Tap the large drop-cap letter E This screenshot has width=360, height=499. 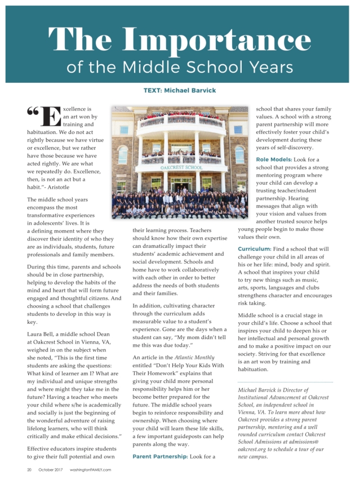point(51,116)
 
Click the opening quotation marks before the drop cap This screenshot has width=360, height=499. point(33,112)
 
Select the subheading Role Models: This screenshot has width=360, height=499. point(273,159)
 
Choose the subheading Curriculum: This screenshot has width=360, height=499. point(255,248)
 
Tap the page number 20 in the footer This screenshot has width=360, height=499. point(29,469)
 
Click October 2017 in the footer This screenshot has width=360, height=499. point(51,469)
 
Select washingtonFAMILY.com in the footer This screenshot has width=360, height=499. point(91,469)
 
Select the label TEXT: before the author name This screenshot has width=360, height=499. point(153,90)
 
